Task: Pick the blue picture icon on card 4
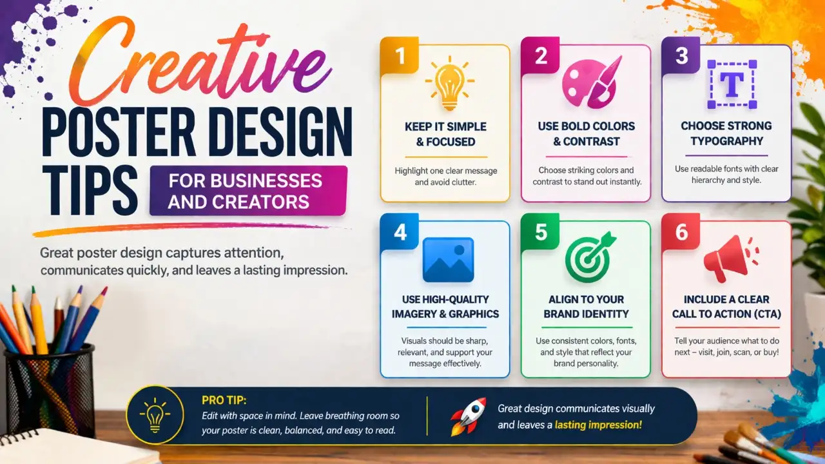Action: click(448, 260)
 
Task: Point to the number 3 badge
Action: click(681, 56)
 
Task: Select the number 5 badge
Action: click(541, 232)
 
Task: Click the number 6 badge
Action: click(681, 232)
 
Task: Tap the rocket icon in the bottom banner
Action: click(467, 416)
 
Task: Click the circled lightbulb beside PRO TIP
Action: click(155, 416)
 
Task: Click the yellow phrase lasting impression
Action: click(605, 425)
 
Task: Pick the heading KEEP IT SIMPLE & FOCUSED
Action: click(445, 133)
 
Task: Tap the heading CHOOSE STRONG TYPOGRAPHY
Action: click(726, 133)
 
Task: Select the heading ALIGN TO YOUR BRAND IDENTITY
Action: click(586, 307)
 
